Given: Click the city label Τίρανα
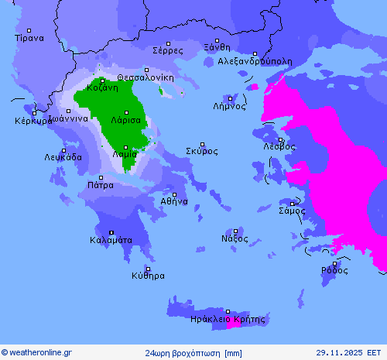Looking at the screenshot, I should pos(29,37).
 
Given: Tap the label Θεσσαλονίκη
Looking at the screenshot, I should pos(146,77).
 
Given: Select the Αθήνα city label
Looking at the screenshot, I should pos(174,201).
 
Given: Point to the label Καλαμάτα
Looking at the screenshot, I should pos(111,240).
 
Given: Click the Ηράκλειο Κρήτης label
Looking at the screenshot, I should pos(227,319).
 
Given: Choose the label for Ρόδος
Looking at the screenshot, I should pos(334,270).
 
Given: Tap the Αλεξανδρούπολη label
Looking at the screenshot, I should pos(255,60).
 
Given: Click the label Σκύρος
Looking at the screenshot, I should pos(202,151).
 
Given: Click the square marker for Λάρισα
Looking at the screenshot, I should pos(125,112).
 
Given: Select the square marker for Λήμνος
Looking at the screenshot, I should pos(230,98).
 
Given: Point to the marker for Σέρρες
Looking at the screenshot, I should pos(168,42).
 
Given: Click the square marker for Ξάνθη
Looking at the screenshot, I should pos(217,40).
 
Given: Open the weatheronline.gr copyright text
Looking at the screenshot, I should pos(37,353).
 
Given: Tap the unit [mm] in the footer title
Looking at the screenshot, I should pos(231,353).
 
